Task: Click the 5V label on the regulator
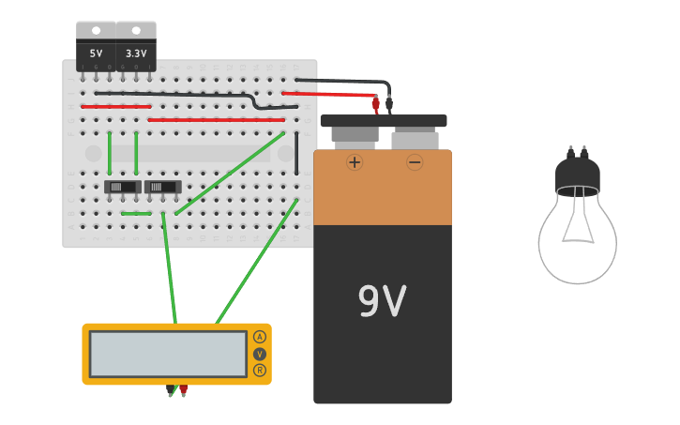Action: tap(96, 53)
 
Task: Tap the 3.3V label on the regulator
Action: tap(136, 53)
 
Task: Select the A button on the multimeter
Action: tap(260, 337)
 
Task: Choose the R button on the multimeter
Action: tap(260, 370)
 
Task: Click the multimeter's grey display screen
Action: tap(169, 354)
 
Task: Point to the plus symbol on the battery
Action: tap(355, 161)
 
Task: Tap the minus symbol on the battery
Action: tap(415, 161)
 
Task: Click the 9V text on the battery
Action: tap(382, 301)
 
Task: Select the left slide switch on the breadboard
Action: tap(122, 187)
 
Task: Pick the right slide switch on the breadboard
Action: tap(162, 187)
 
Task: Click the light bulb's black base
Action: tap(577, 174)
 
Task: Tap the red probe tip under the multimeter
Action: tap(183, 389)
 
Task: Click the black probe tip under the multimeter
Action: tap(170, 389)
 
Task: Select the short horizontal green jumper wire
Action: tap(136, 213)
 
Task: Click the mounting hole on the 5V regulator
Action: tap(96, 31)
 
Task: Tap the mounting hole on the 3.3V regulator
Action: tap(136, 31)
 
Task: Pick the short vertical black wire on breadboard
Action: tap(296, 153)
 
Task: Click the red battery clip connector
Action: tap(376, 104)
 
